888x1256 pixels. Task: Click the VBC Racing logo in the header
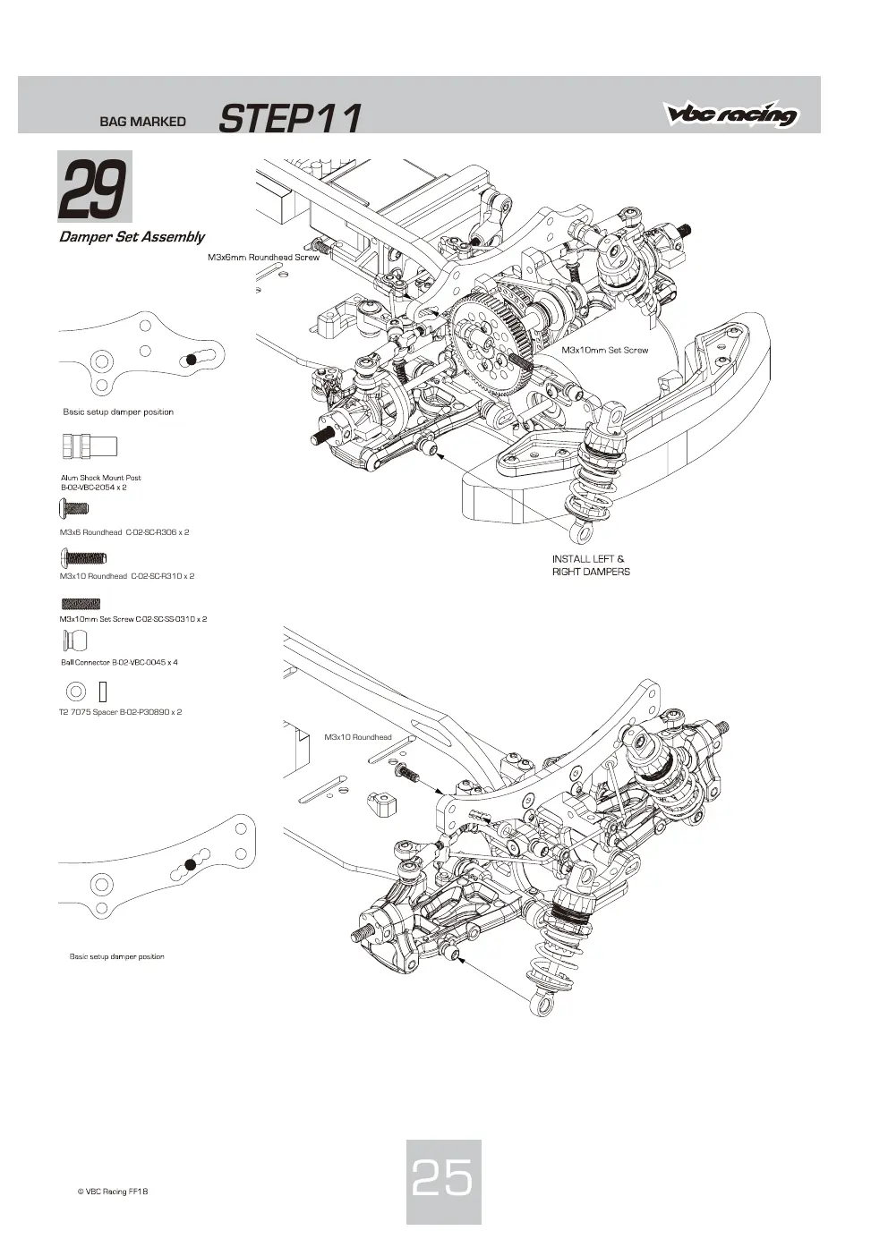tap(732, 114)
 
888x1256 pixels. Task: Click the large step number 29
tap(93, 190)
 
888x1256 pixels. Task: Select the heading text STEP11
tap(289, 118)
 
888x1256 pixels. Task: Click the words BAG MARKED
tap(142, 122)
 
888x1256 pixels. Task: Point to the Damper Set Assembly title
tap(132, 237)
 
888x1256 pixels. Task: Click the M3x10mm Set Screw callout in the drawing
tap(605, 350)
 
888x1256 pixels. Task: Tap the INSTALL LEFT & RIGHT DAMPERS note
tap(591, 565)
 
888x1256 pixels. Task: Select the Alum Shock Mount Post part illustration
tap(90, 447)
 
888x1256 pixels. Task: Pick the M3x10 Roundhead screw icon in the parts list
tap(83, 557)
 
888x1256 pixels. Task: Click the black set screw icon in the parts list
tap(81, 604)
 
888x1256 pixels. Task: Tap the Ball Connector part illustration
tap(75, 641)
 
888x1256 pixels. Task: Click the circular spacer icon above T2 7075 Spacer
tap(76, 692)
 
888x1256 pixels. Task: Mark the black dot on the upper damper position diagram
tap(192, 360)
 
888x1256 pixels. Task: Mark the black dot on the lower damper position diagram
tap(190, 865)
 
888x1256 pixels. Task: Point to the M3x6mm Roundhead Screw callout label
tap(264, 258)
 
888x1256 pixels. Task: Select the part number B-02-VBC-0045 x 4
tap(145, 662)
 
